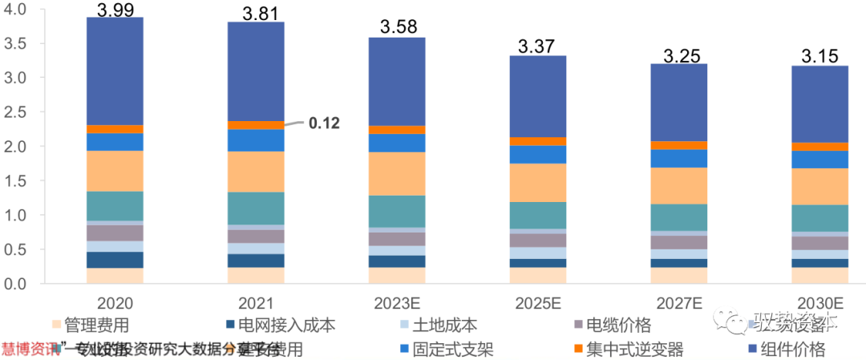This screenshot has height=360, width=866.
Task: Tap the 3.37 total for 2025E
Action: [x=537, y=47]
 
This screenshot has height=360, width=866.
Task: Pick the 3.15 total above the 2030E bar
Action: [x=819, y=57]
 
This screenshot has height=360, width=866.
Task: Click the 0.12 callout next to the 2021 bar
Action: [x=324, y=123]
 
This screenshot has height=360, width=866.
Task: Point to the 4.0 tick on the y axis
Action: [x=16, y=10]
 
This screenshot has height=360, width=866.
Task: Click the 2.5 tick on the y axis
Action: [x=16, y=112]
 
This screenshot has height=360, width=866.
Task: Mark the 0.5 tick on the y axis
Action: [x=16, y=249]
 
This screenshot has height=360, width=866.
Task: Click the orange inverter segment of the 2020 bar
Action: [x=115, y=128]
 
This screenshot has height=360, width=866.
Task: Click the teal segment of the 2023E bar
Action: [x=396, y=212]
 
